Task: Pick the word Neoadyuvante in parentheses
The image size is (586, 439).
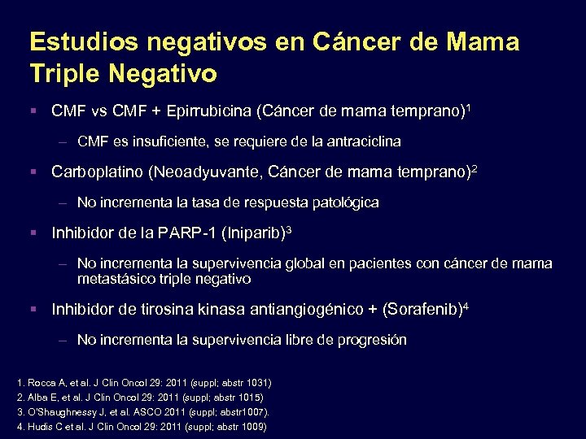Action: (207, 172)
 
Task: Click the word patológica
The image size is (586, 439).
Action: (343, 202)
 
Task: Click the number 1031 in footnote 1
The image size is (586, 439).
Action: (255, 382)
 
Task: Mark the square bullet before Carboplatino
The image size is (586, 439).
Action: (33, 172)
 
